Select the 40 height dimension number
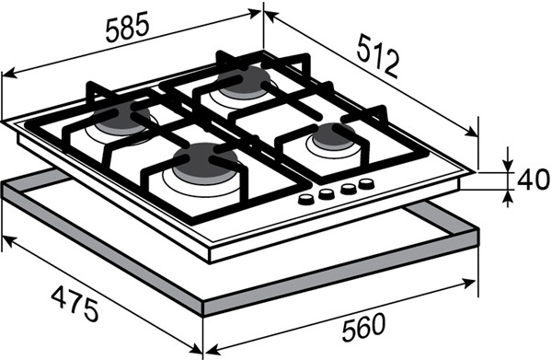533,180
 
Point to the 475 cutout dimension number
75,304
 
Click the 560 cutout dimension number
364,327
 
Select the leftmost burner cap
121,118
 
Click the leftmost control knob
305,200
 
